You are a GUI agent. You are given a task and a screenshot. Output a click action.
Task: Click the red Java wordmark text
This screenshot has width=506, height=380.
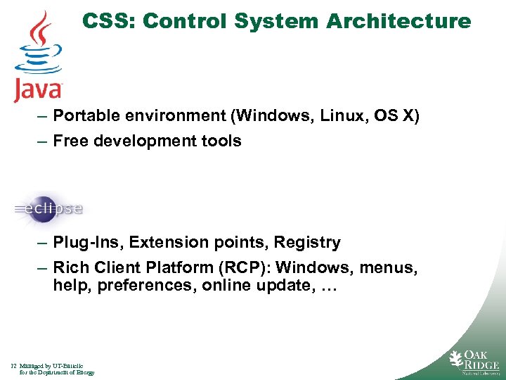tap(39, 90)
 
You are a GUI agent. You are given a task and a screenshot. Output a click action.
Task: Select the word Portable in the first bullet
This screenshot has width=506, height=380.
tap(85, 115)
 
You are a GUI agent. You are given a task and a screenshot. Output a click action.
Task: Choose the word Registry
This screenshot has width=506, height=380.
tap(307, 243)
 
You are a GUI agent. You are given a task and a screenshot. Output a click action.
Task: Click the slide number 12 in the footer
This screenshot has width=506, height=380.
tap(14, 366)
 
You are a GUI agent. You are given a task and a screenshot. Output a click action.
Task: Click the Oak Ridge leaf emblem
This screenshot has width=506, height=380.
tap(457, 359)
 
